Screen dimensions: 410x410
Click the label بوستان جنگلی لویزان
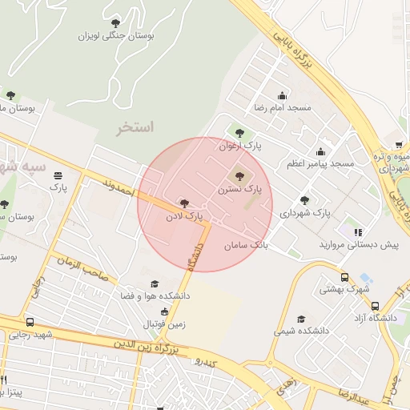(x=116, y=36)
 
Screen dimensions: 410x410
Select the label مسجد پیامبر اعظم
(x=320, y=163)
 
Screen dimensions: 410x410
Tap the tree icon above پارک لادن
(x=185, y=203)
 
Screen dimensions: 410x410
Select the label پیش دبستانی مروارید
(x=358, y=244)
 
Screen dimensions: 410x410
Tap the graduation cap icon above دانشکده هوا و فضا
(x=155, y=283)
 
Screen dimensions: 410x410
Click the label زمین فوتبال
(x=164, y=324)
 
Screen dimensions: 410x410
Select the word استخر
(x=135, y=128)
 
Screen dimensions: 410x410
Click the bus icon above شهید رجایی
(x=30, y=322)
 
